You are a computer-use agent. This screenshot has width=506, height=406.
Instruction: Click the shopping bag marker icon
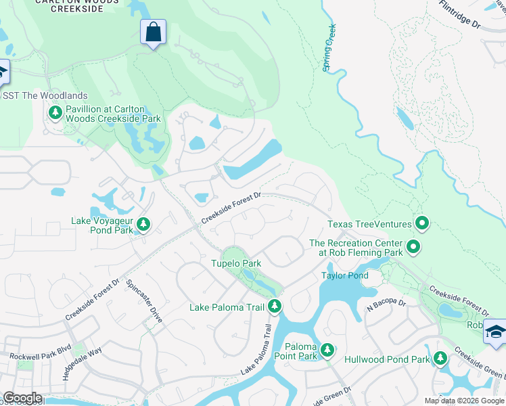154,32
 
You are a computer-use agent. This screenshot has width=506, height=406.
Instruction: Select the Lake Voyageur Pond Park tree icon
143,223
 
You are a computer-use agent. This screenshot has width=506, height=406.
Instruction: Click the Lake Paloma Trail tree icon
274,307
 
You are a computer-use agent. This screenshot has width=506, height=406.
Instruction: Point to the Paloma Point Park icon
327,350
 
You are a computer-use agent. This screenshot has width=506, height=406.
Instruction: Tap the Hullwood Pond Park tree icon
441,357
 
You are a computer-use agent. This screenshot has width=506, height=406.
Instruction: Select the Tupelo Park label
235,263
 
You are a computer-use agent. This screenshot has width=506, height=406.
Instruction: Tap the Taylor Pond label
344,275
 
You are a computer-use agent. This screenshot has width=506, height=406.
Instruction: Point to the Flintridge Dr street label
459,14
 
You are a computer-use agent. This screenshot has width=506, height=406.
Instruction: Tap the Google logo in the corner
22,398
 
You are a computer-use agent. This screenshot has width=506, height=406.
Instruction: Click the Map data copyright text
464,401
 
